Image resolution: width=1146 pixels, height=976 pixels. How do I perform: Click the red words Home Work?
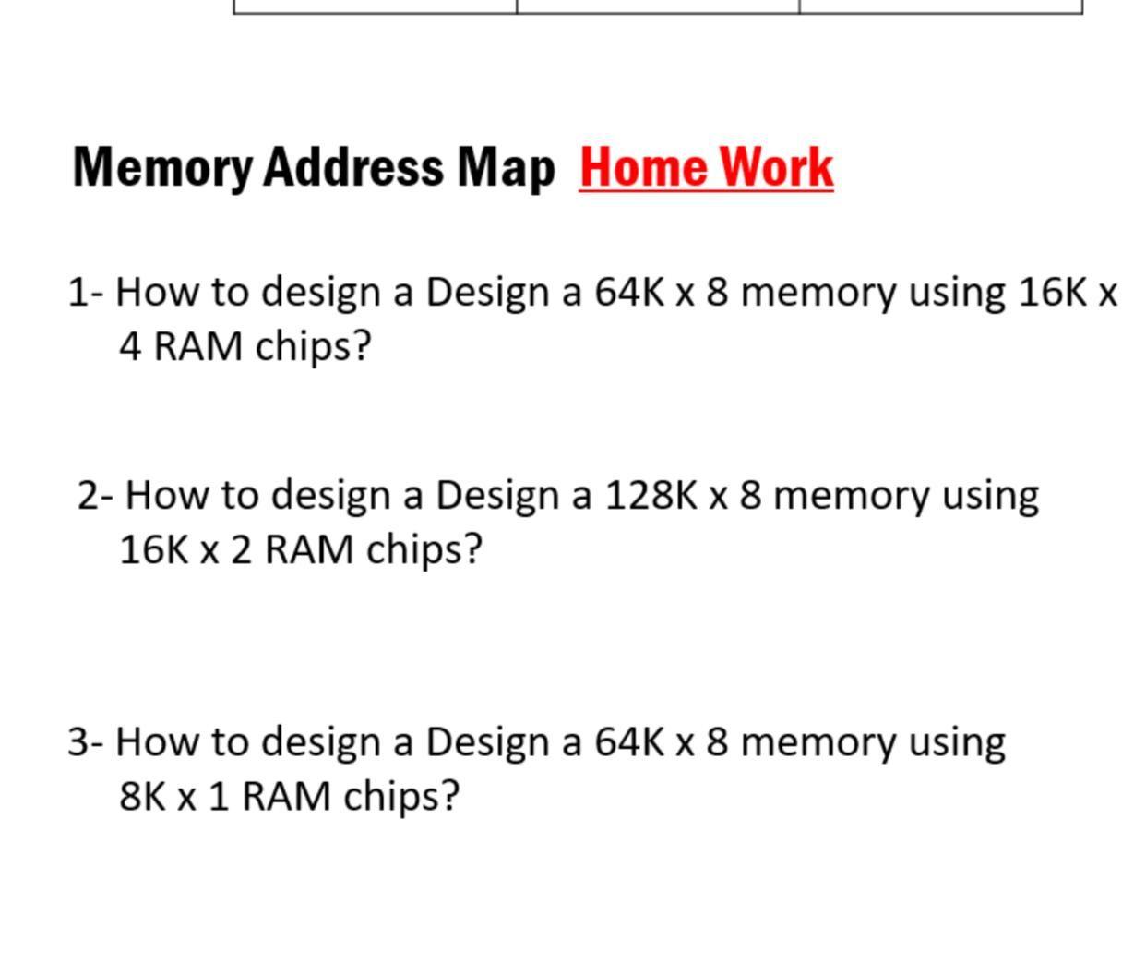pos(706,168)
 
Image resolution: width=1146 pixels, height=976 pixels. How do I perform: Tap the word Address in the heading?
pos(353,168)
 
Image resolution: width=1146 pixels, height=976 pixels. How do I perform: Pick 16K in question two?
pos(154,549)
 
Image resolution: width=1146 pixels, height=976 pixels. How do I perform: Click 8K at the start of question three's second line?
pos(142,796)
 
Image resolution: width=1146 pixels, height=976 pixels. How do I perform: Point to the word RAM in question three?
pos(286,796)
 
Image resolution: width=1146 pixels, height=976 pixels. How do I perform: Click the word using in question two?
pos(990,497)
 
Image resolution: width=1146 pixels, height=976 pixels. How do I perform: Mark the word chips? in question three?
pos(401,796)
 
